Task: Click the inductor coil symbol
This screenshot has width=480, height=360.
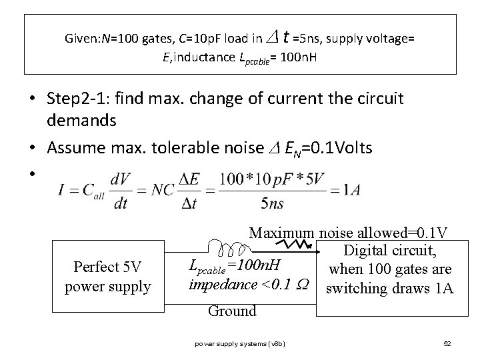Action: (x=227, y=249)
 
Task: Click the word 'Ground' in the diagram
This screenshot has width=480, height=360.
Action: (x=231, y=311)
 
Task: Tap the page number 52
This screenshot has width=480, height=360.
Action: (x=447, y=343)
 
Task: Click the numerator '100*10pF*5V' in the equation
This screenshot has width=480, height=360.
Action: (x=273, y=178)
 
